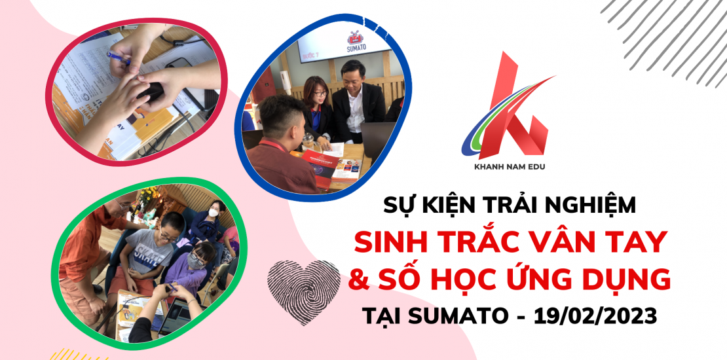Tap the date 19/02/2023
[595, 316]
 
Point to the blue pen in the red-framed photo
[119, 58]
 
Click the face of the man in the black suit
[353, 75]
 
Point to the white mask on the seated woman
[213, 213]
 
